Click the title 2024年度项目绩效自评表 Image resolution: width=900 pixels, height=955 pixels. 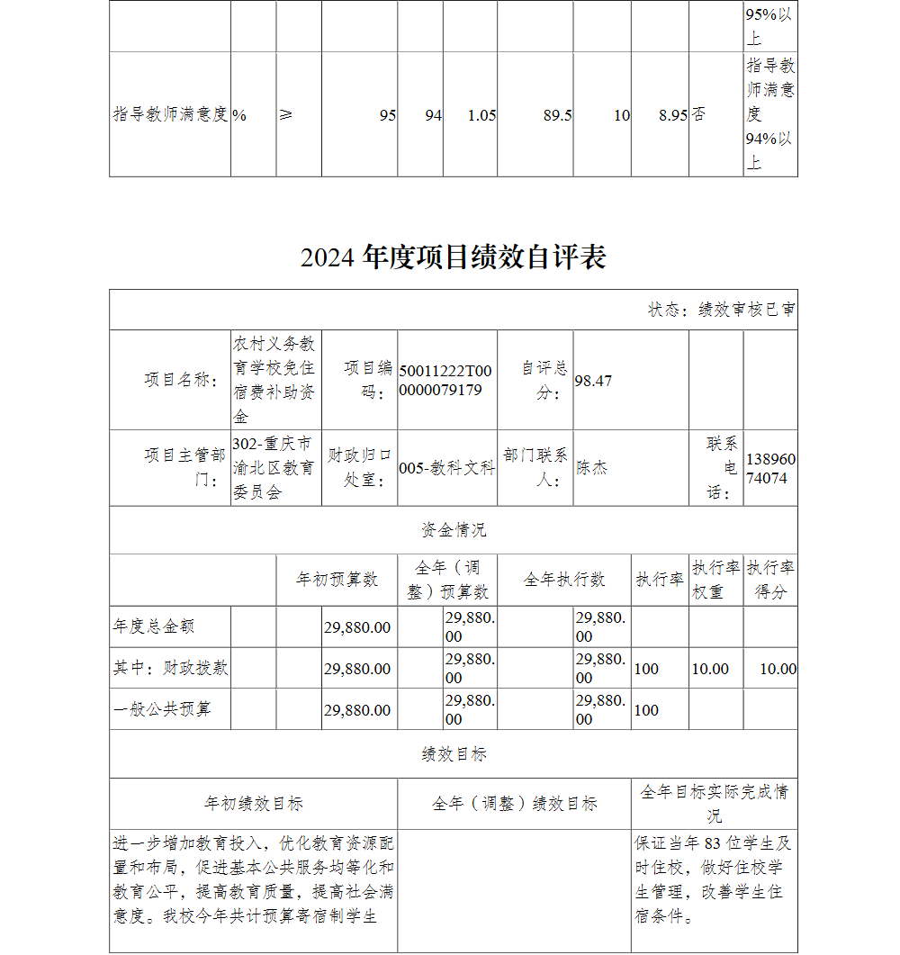pos(454,257)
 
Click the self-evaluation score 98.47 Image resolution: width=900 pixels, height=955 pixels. pos(593,381)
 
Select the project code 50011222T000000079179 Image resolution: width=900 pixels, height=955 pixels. pos(446,381)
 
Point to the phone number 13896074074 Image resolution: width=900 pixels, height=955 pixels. pos(769,468)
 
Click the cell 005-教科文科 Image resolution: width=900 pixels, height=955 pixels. pos(446,468)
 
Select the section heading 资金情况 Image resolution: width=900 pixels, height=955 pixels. pos(454,530)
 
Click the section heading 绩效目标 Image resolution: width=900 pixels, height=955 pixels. pos(454,754)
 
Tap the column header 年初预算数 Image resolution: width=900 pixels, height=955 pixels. pos(337,580)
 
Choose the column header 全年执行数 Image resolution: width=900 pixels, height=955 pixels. pos(564,580)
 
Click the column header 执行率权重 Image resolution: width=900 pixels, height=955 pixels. pos(715,580)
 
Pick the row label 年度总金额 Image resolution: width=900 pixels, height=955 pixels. pos(154,626)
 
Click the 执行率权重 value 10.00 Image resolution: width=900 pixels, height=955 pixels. pos(710,669)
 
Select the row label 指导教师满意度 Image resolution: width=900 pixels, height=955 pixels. pos(170,115)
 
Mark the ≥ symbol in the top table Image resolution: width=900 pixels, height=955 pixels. pos(285,115)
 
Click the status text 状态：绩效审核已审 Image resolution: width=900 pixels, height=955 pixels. pos(721,310)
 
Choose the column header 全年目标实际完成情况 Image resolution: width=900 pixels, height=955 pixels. pos(714,803)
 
